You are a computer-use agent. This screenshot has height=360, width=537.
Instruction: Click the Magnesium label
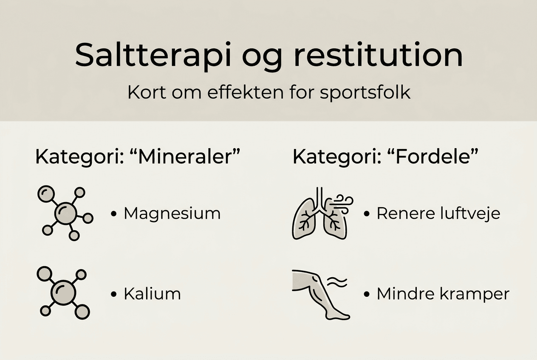tap(172, 214)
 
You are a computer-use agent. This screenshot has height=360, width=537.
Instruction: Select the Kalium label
tap(152, 294)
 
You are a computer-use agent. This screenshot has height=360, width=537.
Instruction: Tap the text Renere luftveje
tap(438, 214)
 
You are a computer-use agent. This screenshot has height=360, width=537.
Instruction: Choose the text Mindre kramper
tap(443, 294)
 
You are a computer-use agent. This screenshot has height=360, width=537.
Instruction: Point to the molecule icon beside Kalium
tap(64, 292)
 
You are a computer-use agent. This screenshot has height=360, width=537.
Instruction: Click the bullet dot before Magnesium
tap(113, 214)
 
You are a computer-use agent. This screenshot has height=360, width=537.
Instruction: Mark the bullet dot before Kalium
tap(113, 294)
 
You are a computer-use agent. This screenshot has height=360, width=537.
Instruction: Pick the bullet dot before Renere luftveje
tap(367, 214)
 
